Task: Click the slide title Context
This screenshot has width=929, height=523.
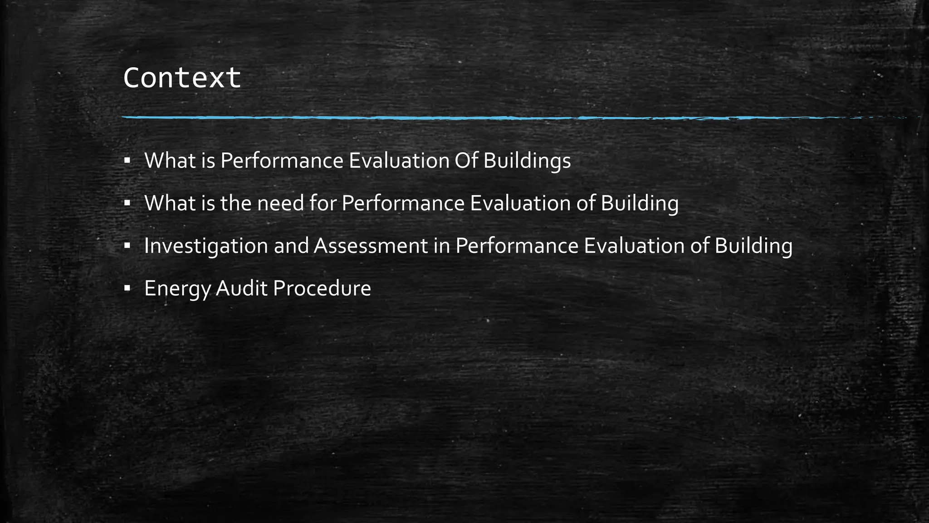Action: click(x=181, y=78)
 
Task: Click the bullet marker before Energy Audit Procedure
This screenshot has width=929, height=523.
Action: click(x=127, y=288)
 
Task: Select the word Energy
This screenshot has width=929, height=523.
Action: click(x=177, y=289)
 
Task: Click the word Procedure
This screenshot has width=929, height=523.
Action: click(x=322, y=288)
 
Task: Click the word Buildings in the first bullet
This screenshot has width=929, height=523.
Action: click(x=527, y=161)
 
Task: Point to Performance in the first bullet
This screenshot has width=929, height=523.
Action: click(x=282, y=160)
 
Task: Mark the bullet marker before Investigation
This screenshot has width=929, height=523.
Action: click(x=127, y=246)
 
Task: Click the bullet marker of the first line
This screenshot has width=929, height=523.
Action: click(x=127, y=160)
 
